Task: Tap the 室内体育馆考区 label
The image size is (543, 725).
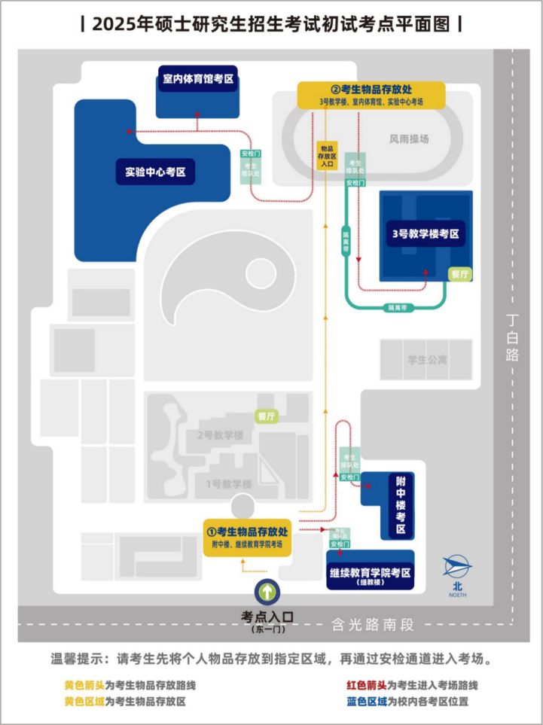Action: coord(198,78)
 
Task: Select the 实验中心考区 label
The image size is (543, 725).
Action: coord(155,172)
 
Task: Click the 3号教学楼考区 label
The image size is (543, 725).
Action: coord(426,233)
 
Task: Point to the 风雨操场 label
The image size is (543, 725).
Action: coord(409,139)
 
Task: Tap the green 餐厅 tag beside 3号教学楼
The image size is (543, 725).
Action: coord(459,274)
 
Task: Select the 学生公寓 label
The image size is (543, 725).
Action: coord(427,359)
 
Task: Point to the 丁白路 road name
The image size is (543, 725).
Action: coord(514,337)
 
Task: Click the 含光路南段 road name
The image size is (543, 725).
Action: coord(373,623)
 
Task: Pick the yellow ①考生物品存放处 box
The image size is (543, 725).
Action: coord(248,537)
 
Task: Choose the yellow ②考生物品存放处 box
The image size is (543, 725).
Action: coord(371,94)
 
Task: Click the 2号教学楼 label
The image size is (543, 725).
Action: coord(220,435)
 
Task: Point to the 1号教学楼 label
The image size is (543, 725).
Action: coord(228,483)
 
